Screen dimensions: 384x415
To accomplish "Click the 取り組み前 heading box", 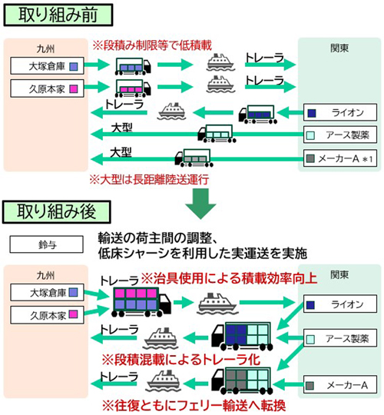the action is point(58,15).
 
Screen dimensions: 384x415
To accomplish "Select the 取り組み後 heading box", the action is point(57,212).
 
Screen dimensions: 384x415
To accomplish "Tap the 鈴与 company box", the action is point(47,244).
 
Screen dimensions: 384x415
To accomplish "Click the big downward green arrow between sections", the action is point(200,204).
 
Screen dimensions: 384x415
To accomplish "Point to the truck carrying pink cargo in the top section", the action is point(133,88).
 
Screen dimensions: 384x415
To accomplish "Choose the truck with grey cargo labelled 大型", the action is point(194,158).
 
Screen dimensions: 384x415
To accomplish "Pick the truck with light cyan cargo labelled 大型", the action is point(217,134).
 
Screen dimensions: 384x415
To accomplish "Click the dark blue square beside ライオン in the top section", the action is point(312,113).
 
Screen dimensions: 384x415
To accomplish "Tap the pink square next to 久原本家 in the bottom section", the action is point(73,314).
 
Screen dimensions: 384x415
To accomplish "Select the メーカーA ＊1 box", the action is point(340,158).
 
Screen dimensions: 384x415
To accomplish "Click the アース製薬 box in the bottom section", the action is point(340,338).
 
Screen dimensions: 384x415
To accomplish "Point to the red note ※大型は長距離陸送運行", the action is point(149,180).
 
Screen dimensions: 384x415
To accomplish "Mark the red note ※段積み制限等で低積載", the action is point(152,45).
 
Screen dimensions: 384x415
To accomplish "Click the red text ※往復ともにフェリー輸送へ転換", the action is point(194,406).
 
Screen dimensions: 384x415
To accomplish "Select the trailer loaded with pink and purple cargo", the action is point(141,302).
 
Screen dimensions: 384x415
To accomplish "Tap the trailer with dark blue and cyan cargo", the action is point(242,336).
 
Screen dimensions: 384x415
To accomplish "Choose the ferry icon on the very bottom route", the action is point(164,381).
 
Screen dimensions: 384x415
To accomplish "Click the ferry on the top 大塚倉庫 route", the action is point(220,62).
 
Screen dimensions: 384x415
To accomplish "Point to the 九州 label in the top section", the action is point(45,48).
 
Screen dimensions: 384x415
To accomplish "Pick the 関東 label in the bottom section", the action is point(339,274).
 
